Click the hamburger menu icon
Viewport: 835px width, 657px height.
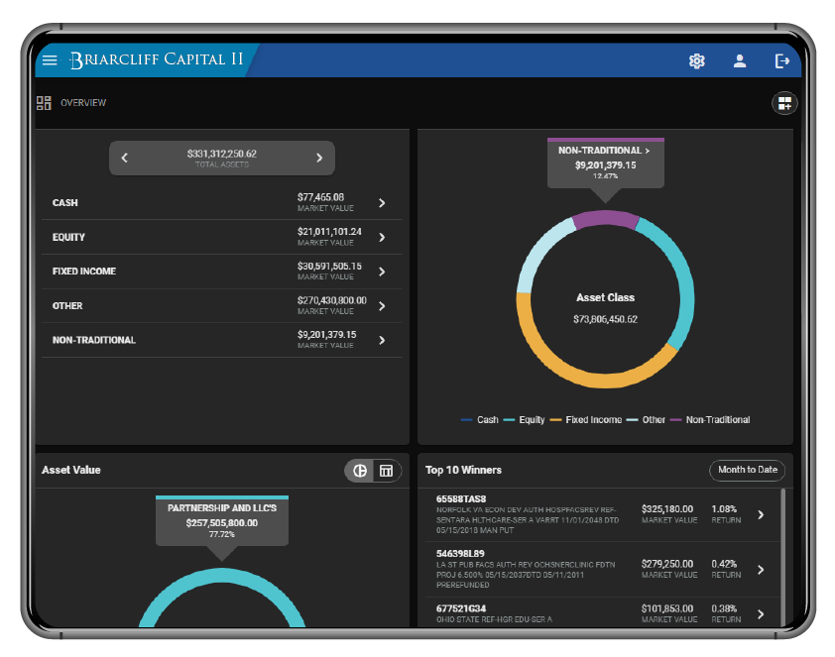50,60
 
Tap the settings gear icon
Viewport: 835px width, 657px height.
696,61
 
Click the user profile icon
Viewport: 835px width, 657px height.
740,61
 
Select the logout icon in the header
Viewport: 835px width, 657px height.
782,61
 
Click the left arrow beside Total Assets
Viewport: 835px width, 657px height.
125,158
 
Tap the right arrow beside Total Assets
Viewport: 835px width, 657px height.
319,158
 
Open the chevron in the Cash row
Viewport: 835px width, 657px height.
382,203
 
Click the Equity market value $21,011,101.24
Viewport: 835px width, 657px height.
329,232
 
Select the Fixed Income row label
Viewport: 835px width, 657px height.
84,272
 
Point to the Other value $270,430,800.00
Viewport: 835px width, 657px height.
331,300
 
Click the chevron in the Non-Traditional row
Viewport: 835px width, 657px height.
382,340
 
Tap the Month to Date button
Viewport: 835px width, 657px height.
747,470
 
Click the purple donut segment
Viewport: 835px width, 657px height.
605,218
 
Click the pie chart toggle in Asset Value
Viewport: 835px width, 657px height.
360,471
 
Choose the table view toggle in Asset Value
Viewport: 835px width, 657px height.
387,471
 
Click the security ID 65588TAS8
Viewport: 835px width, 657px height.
461,498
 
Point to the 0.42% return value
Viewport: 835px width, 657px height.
723,564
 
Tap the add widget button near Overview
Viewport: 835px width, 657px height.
784,103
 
